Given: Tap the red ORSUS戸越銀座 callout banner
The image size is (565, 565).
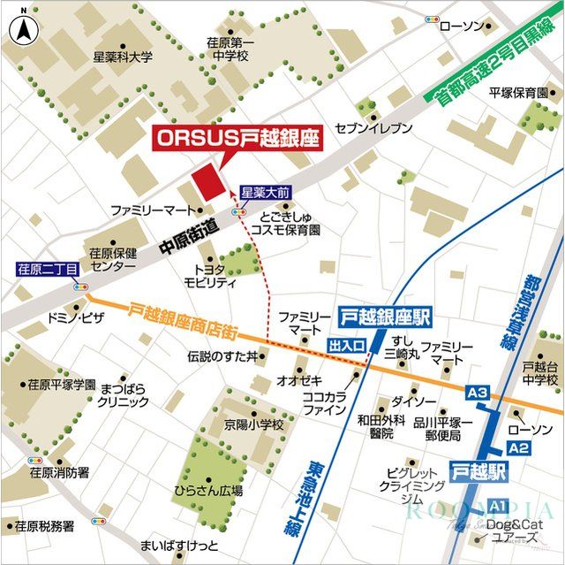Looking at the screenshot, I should pyautogui.click(x=237, y=139).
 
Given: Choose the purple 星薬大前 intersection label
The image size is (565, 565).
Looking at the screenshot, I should pyautogui.click(x=266, y=191).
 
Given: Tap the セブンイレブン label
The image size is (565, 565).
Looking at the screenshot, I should pyautogui.click(x=373, y=129).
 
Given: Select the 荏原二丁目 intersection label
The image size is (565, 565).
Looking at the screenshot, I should pyautogui.click(x=48, y=269).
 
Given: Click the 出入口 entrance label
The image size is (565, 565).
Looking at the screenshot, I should pyautogui.click(x=346, y=346).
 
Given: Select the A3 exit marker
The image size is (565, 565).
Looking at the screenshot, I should pyautogui.click(x=478, y=392).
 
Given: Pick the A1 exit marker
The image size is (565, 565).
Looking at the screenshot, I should pyautogui.click(x=498, y=505).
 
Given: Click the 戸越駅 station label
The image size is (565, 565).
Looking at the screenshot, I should pyautogui.click(x=478, y=471).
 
